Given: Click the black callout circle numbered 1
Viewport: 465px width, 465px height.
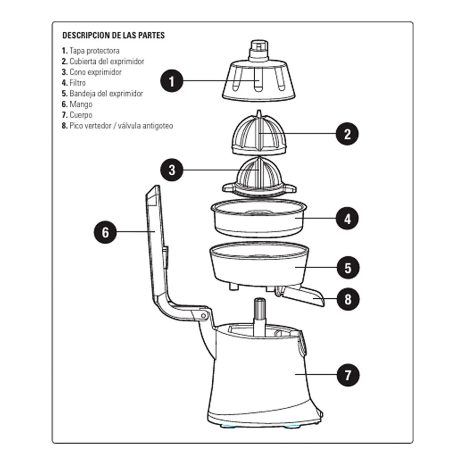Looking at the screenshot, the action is (x=172, y=81).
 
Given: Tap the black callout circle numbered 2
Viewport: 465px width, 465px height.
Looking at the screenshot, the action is (x=347, y=134).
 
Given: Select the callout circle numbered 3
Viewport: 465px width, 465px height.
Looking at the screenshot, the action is (x=172, y=170).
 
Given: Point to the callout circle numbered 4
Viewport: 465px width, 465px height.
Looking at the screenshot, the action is (x=347, y=218).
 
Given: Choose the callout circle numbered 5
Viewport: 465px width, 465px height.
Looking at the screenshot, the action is (x=348, y=267).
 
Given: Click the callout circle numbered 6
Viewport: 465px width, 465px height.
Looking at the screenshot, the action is (x=105, y=232).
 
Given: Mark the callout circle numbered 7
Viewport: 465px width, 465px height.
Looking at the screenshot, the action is (x=348, y=375).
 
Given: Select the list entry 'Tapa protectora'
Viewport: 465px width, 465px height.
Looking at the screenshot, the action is (x=94, y=51).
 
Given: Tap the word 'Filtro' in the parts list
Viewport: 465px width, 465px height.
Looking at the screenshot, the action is (x=78, y=83).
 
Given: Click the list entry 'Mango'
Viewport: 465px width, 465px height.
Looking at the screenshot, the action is (x=81, y=104).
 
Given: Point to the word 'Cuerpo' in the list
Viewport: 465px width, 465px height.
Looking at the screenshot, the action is (x=81, y=115).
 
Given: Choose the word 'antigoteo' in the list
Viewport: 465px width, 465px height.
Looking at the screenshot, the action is (x=158, y=126).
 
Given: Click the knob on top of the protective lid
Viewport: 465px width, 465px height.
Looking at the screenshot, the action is (x=259, y=50).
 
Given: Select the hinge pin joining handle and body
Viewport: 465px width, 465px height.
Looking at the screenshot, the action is (x=204, y=316).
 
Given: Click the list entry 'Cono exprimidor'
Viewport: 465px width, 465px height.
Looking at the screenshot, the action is (x=95, y=72).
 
